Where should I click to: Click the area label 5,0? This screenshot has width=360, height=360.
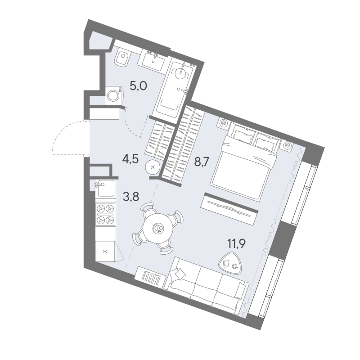click(x=138, y=86)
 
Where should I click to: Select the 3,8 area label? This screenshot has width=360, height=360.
click(x=131, y=197)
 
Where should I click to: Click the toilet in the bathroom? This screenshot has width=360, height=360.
click(x=122, y=58)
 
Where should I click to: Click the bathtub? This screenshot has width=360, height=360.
click(x=175, y=88)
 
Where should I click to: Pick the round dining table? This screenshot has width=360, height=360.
click(x=157, y=229)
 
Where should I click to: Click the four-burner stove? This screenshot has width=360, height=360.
click(x=105, y=214)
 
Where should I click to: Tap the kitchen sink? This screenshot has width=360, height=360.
click(x=105, y=188)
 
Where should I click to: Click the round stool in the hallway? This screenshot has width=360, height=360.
click(x=153, y=167)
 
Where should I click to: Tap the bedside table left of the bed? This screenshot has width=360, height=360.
click(x=223, y=124)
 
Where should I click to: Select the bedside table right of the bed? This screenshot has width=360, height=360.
click(x=287, y=146)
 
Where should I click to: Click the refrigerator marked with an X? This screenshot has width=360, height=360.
click(x=105, y=251)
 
